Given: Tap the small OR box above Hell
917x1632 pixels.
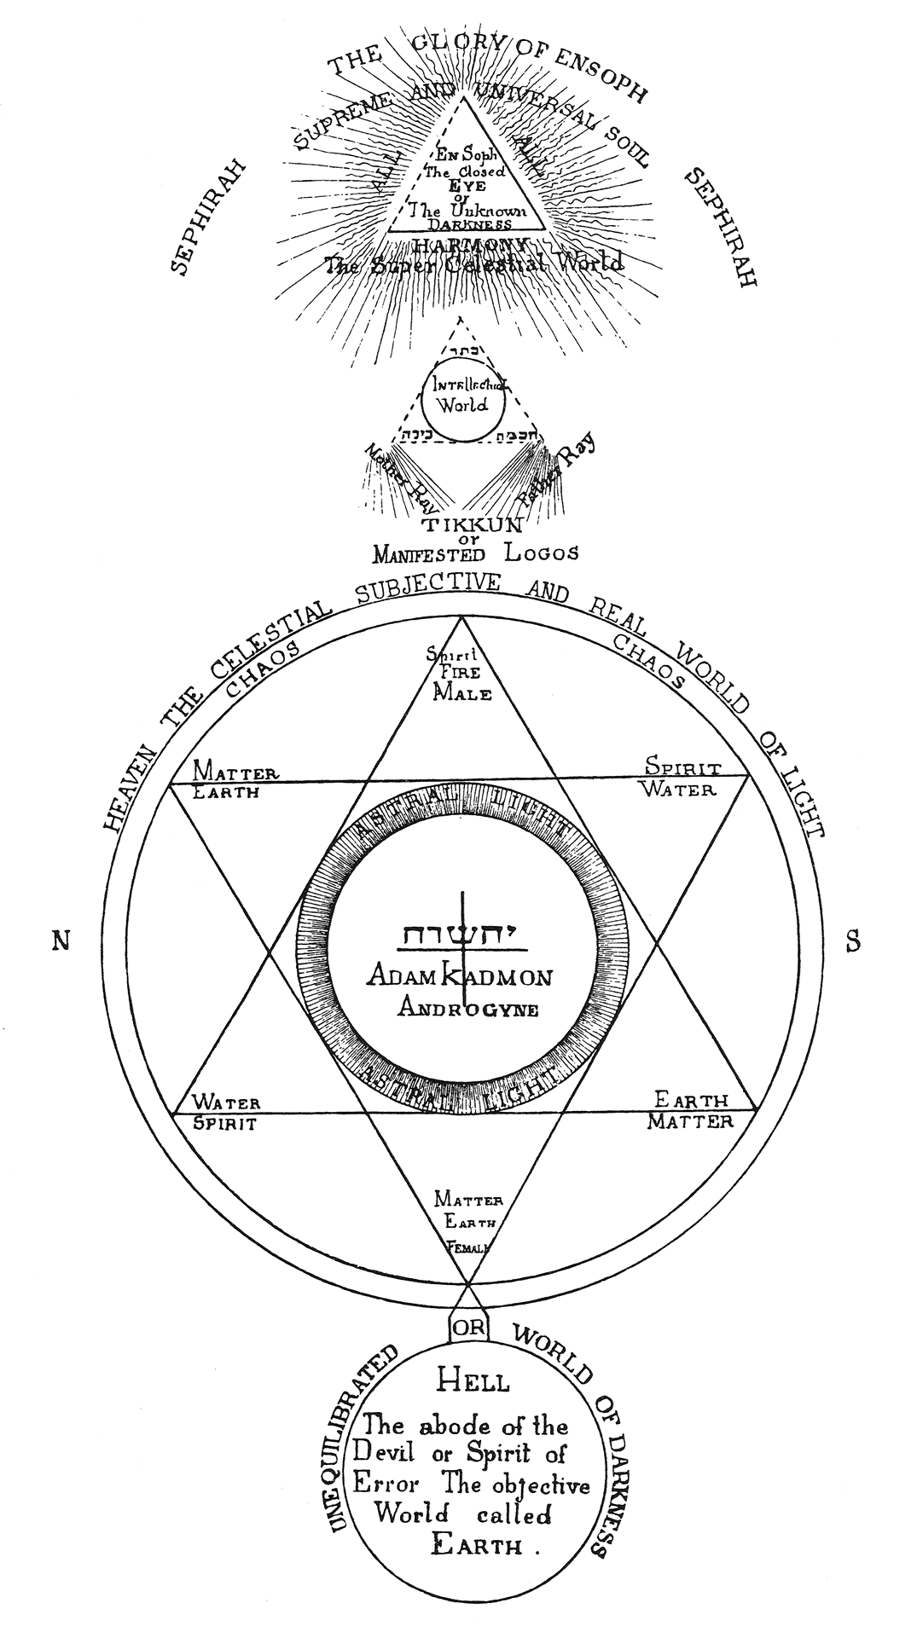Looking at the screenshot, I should click(x=468, y=1327).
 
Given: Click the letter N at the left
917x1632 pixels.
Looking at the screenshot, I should click(x=61, y=940).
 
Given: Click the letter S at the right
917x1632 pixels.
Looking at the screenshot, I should click(x=852, y=941).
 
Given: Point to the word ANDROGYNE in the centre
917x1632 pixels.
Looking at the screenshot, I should click(x=468, y=1009).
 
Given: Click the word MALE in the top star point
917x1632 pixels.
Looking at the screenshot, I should click(x=461, y=692).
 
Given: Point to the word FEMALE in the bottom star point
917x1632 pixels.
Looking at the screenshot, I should click(x=467, y=1247).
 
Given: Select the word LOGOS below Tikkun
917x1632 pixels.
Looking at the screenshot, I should click(x=540, y=552).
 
